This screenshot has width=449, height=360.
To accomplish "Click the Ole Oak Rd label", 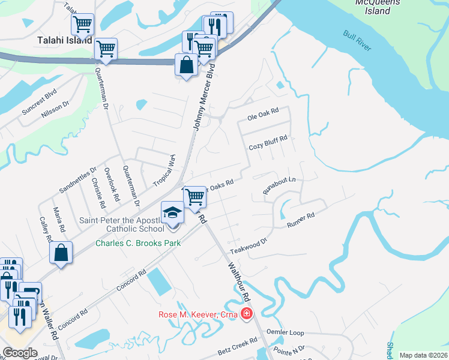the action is coord(264,112).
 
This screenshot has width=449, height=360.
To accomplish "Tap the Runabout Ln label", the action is coord(280,185).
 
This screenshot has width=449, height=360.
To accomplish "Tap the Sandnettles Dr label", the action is coord(77,181).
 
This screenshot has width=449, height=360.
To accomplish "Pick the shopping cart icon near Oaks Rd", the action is coord(194,196).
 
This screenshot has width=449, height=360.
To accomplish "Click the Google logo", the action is coord(20,353).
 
